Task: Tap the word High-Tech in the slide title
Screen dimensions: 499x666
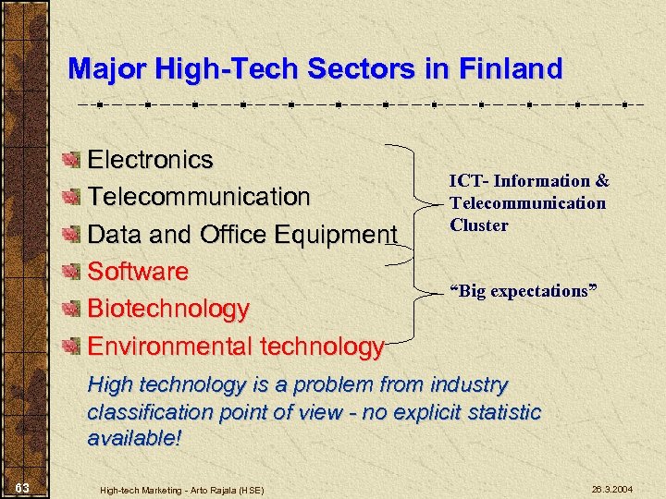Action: tap(221, 68)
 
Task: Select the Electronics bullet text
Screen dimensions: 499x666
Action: tap(150, 160)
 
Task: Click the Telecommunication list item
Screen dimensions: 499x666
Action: tap(198, 197)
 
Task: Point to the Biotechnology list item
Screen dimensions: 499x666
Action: tap(167, 310)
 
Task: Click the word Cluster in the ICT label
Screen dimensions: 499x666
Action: tap(478, 225)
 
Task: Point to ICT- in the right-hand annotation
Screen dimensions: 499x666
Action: tap(469, 181)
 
